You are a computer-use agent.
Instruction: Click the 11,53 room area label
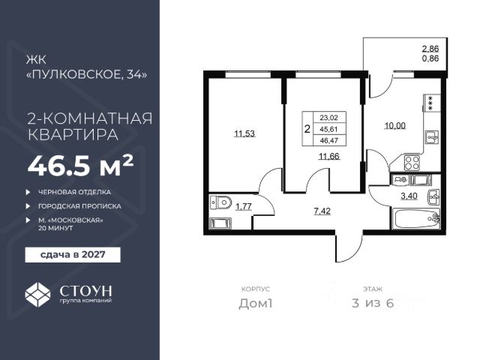[x=244, y=133]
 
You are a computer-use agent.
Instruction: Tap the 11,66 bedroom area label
[x=329, y=157]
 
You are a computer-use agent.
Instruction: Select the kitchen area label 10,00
[x=395, y=125]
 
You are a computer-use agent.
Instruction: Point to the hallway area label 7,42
[x=322, y=211]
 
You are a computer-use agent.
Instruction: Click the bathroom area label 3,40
[x=409, y=196]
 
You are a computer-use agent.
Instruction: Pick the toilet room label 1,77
[x=243, y=207]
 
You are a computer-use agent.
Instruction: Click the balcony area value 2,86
[x=430, y=49]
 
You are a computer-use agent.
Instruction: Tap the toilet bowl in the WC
[x=221, y=202]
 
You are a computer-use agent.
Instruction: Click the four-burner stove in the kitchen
[x=412, y=163]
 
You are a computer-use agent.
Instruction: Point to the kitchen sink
[x=432, y=137]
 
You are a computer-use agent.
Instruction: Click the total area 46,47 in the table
[x=328, y=140]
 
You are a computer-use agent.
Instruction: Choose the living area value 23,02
[x=328, y=118]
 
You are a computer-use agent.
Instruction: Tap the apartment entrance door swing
[x=349, y=247]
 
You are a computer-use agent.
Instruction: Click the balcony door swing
[x=381, y=85]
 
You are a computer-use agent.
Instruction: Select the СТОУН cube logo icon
[x=37, y=295]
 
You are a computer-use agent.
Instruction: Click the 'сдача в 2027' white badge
[x=73, y=255]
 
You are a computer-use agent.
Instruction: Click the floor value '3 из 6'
[x=373, y=303]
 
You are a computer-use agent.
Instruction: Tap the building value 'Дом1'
[x=255, y=303]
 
